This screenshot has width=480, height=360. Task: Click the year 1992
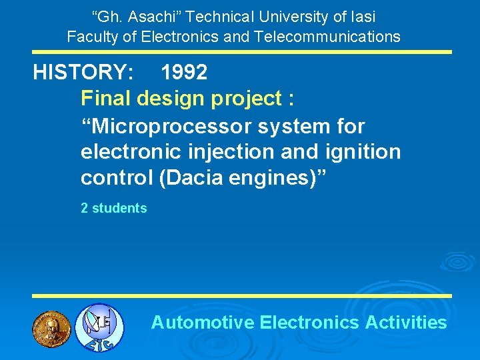click(184, 73)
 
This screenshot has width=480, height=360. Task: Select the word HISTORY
click(83, 73)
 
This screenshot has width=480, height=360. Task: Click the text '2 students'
click(113, 208)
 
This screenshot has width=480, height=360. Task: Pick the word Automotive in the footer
click(203, 323)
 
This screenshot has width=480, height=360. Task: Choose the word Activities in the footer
click(406, 323)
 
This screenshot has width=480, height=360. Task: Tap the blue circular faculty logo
click(99, 327)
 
